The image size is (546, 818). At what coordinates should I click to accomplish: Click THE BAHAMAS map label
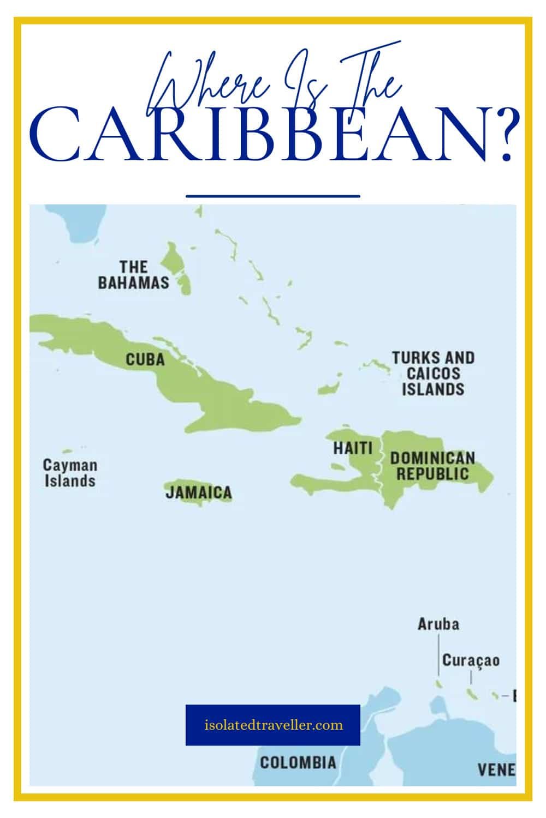coord(134,275)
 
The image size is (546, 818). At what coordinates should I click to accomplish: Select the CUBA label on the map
coord(145,359)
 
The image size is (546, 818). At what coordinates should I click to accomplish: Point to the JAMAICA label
coord(199,492)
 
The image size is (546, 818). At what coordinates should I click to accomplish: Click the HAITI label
coord(353,448)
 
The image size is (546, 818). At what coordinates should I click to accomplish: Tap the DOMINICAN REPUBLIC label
coord(432,465)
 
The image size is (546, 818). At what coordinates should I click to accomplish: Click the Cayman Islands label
coord(70,473)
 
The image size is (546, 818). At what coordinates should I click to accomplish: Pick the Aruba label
coord(438,624)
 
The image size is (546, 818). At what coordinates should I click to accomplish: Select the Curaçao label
coord(471,660)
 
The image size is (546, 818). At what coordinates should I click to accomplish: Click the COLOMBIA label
coord(298,762)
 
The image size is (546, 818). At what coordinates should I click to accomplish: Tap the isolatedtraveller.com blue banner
coord(273,725)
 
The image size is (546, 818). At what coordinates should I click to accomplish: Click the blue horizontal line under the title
coord(273,195)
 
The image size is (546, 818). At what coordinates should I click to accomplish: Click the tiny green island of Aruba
coord(438,683)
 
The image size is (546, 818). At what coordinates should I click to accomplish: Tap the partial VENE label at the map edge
coord(496,769)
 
